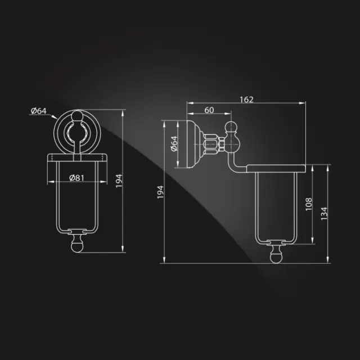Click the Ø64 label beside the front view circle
[39, 111]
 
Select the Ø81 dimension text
[76, 178]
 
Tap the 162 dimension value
[246, 100]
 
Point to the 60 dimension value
[209, 110]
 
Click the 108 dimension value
[309, 204]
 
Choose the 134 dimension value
[324, 214]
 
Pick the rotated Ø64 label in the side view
[174, 144]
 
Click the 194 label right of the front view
[119, 181]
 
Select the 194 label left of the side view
[160, 192]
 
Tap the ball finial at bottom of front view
[77, 245]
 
